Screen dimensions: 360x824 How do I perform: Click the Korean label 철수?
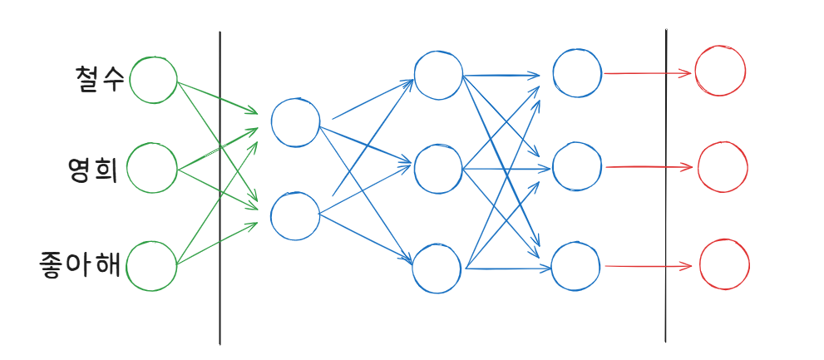[99, 79]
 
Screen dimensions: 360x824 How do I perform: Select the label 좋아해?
[81, 265]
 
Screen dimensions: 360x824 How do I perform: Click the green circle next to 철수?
[153, 80]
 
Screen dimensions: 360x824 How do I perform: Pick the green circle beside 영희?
[153, 168]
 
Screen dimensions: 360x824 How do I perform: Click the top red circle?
[721, 71]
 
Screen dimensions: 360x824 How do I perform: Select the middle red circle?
[723, 167]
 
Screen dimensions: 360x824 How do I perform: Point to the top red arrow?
[648, 73]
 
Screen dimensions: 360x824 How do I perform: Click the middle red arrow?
[648, 168]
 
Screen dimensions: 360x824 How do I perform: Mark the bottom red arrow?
[648, 267]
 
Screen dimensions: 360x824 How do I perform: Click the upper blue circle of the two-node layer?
[295, 123]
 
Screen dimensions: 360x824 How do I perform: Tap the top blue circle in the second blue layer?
[438, 74]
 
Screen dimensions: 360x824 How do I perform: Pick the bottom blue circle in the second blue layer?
[437, 267]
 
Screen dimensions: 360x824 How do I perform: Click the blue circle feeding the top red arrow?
[577, 72]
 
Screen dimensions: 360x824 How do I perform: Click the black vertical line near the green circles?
[220, 187]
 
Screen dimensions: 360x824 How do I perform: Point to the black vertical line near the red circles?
[666, 187]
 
